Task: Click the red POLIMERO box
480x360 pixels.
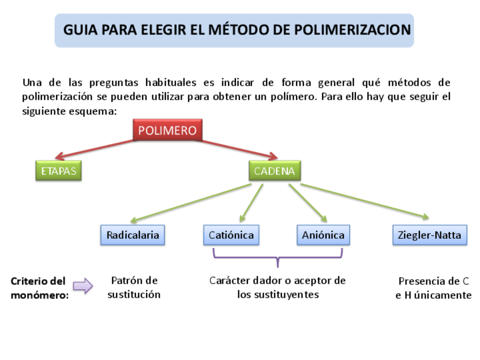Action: (x=167, y=131)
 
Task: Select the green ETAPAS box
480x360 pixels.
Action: (x=58, y=170)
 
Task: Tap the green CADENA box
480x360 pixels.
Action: (x=274, y=170)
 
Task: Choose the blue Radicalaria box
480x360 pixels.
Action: (x=132, y=235)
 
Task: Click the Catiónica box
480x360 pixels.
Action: (x=231, y=235)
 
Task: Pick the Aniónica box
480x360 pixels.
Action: (x=323, y=235)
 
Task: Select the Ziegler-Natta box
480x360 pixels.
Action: (x=430, y=235)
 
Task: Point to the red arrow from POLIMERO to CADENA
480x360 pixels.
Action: (x=238, y=148)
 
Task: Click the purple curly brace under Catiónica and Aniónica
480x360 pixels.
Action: (x=277, y=257)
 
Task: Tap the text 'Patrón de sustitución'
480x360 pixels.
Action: (x=134, y=288)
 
